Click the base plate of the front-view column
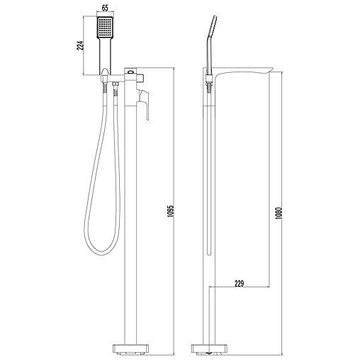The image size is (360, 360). (132, 349)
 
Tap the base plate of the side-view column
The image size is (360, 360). (211, 349)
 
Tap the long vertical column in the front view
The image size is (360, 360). (132, 227)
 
